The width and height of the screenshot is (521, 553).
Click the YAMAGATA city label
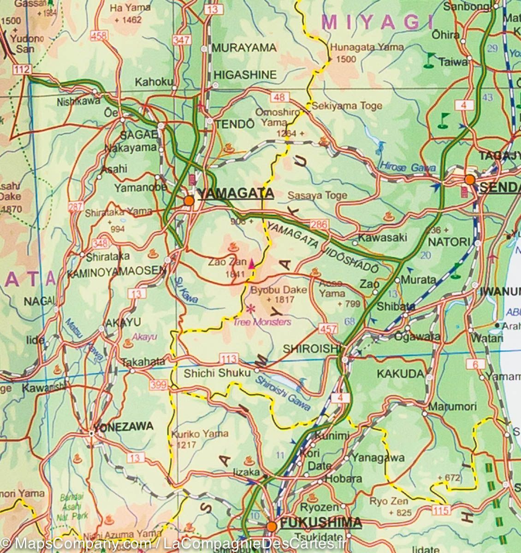235,194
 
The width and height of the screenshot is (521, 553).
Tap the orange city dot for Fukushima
272,526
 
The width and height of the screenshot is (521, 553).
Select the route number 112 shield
22,70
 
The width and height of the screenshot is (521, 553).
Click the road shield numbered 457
328,329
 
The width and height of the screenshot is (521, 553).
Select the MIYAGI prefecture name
378,22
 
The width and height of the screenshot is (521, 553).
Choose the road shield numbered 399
158,384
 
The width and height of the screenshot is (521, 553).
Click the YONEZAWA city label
124,426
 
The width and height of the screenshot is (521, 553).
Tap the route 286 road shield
319,225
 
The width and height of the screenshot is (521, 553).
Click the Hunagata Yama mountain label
367,47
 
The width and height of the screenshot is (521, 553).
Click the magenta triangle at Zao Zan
252,265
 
